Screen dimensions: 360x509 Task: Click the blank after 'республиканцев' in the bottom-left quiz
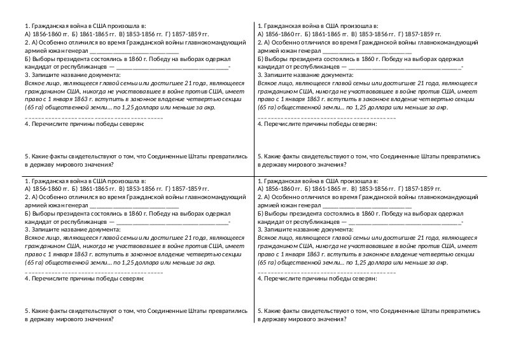(x=172, y=223)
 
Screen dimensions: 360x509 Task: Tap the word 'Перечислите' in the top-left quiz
(x=51, y=124)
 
